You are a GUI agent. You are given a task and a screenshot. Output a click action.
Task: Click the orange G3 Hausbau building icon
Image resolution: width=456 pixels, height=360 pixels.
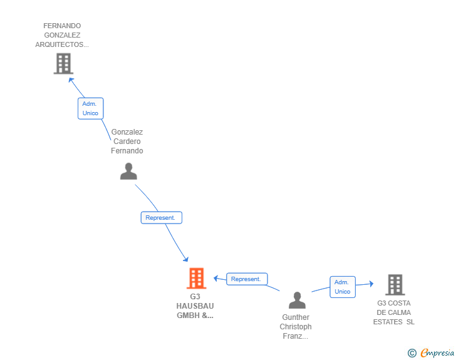[x=196, y=278]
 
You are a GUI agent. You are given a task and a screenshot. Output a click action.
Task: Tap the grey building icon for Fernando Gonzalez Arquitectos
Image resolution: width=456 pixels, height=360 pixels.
[x=63, y=63]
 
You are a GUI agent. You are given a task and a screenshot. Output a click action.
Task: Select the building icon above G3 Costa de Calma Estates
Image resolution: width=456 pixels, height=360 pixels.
[x=395, y=285]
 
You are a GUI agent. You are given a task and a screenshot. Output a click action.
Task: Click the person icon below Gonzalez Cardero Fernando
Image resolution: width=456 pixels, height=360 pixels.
[x=128, y=172]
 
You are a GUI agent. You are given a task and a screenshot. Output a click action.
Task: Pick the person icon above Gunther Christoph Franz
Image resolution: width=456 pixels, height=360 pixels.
[x=297, y=300]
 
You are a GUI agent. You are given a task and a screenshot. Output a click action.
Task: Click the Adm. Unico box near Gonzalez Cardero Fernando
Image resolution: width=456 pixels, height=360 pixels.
[x=90, y=108]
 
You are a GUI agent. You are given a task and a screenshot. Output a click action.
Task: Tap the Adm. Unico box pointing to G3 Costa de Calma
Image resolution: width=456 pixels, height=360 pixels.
[x=343, y=287]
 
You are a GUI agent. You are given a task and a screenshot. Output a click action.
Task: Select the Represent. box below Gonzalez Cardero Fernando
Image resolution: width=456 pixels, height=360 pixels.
[x=162, y=218]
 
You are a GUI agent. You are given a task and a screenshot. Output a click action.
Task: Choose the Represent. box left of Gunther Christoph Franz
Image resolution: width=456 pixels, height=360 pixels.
[x=247, y=279]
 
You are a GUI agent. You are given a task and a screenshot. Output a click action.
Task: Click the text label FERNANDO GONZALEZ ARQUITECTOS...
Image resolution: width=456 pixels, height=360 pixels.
[x=62, y=35]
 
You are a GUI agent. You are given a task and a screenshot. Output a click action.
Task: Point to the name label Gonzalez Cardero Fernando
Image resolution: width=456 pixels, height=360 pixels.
[x=127, y=141]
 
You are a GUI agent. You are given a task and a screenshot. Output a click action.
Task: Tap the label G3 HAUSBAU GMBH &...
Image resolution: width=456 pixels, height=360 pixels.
[x=195, y=306]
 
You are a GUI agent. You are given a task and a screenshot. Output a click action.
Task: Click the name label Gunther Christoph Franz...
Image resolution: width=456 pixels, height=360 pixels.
[x=296, y=327]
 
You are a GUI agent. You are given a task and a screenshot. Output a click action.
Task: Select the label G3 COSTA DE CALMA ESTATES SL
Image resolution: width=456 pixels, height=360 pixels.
[x=394, y=312]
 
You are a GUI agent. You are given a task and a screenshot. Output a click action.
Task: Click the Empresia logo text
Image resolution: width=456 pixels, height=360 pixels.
[x=437, y=352]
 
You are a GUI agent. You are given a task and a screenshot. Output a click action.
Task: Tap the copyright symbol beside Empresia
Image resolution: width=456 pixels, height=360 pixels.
[x=412, y=353]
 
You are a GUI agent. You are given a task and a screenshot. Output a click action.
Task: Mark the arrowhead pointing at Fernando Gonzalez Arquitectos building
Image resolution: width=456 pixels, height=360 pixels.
[x=71, y=80]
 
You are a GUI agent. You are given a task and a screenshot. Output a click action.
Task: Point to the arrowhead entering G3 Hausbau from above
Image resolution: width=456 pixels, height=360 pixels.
[x=186, y=259]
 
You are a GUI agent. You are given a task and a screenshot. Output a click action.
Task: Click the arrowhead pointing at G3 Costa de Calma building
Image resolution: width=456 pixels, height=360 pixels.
[x=371, y=284]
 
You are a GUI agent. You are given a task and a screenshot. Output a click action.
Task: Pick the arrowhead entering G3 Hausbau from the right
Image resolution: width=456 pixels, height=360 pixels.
[x=215, y=278]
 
